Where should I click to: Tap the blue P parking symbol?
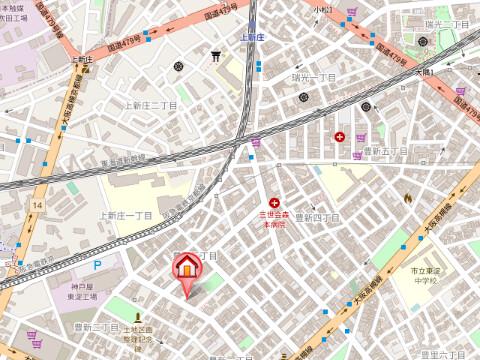coord(97,265)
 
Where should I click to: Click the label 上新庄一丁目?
coord(126,215)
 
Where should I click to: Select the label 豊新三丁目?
coord(96,327)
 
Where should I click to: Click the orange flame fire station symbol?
coord(408,197)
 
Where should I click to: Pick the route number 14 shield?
coord(37,205)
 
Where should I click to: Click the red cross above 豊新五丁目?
coord(341,136)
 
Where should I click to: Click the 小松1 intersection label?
coord(320,9)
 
